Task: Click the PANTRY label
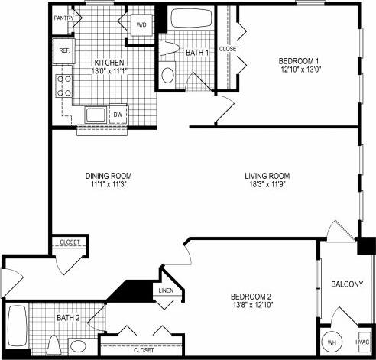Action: coord(63,17)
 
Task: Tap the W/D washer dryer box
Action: coord(141,25)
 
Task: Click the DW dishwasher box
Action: coord(118,115)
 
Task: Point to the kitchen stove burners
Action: coord(62,84)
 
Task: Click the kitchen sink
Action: coord(96,115)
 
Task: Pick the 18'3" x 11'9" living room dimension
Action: coord(267,184)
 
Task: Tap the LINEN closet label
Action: coord(166,291)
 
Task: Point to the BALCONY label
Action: coord(346,284)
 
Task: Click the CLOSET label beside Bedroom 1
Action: coord(229,49)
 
